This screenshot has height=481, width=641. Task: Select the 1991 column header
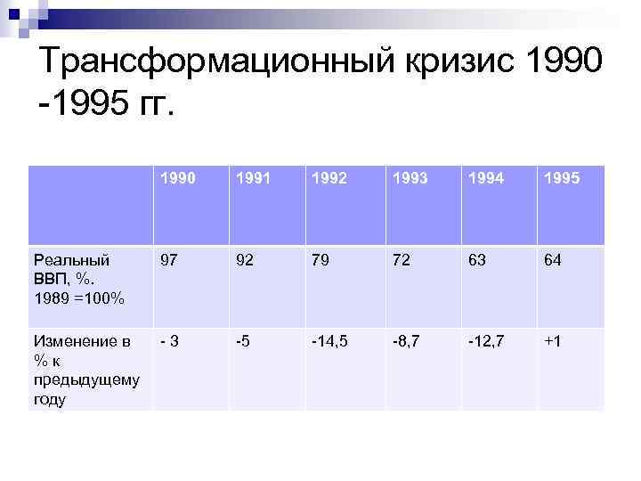pyautogui.click(x=253, y=178)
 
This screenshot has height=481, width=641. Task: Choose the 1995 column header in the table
pyautogui.click(x=562, y=178)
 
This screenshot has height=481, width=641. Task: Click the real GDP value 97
pyautogui.click(x=168, y=261)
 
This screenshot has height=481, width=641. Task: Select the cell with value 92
pyautogui.click(x=244, y=261)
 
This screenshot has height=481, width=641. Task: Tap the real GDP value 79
pyautogui.click(x=320, y=261)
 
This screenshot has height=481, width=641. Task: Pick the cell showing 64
pyautogui.click(x=553, y=261)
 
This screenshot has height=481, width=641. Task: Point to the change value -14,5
pyautogui.click(x=331, y=342)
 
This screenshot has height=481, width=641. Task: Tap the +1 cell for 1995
pyautogui.click(x=553, y=342)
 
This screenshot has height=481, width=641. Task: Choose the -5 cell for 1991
pyautogui.click(x=242, y=342)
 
